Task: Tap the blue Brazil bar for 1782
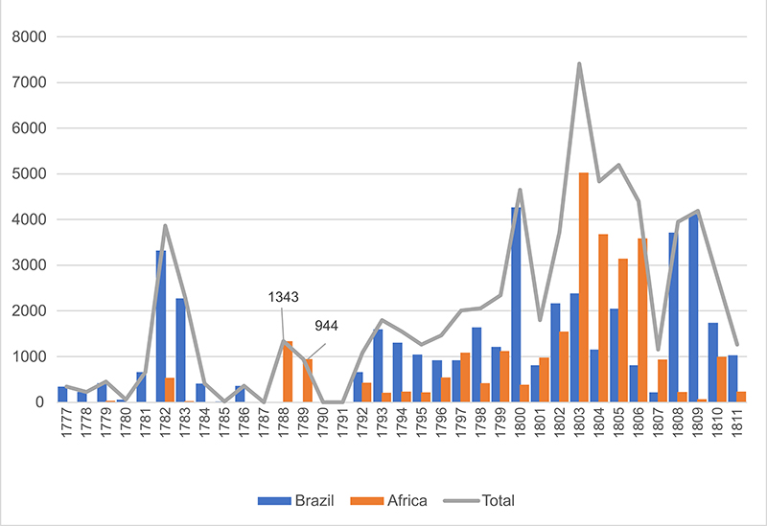coord(161,326)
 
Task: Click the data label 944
coord(327,326)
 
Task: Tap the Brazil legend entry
coord(292,499)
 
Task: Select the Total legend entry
coord(499,499)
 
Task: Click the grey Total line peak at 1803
coord(579,64)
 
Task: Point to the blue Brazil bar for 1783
coord(180,350)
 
